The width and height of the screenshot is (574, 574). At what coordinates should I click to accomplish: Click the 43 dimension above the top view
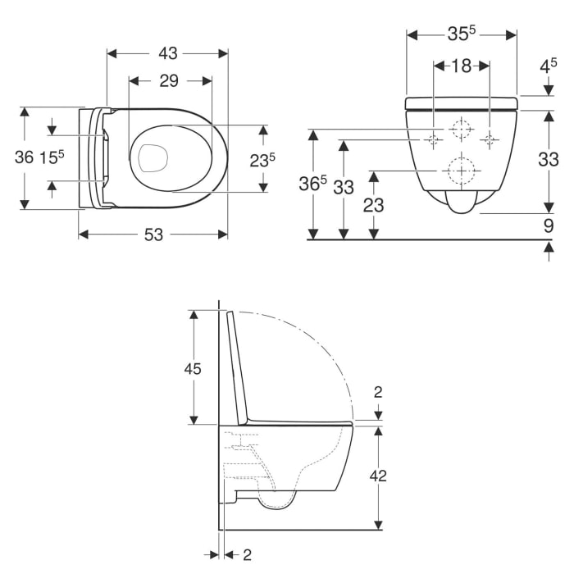click(167, 53)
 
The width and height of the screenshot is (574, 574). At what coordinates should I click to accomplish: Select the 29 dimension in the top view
click(170, 80)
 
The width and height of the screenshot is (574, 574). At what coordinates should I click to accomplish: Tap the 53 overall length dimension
click(153, 235)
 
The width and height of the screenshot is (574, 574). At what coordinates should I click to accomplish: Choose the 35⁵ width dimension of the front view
click(462, 34)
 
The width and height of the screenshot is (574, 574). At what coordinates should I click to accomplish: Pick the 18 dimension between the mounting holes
click(462, 66)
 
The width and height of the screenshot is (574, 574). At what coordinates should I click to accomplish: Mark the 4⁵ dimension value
click(548, 66)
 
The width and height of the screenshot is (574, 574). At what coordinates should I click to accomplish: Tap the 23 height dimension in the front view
click(373, 205)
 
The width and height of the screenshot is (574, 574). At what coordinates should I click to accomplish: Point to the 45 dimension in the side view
click(192, 368)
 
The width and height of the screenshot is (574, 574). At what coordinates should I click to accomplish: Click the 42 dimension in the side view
click(378, 476)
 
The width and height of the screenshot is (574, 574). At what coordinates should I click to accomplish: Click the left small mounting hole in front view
click(433, 139)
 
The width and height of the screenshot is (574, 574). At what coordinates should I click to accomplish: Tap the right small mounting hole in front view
click(490, 139)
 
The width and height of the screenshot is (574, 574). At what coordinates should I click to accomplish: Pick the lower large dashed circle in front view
click(462, 171)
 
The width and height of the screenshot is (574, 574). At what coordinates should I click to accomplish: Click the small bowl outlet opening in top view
click(153, 157)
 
